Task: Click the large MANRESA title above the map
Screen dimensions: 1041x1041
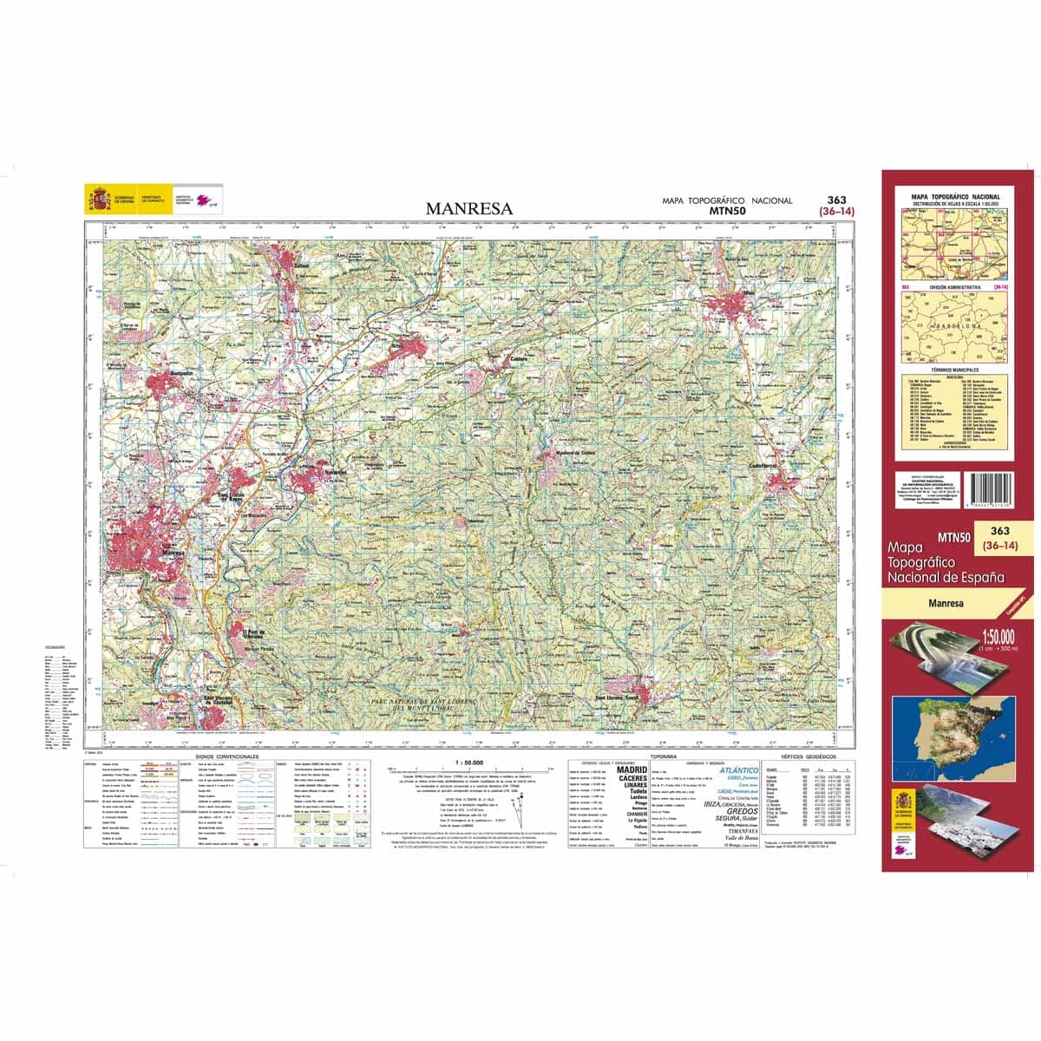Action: [x=468, y=208]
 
